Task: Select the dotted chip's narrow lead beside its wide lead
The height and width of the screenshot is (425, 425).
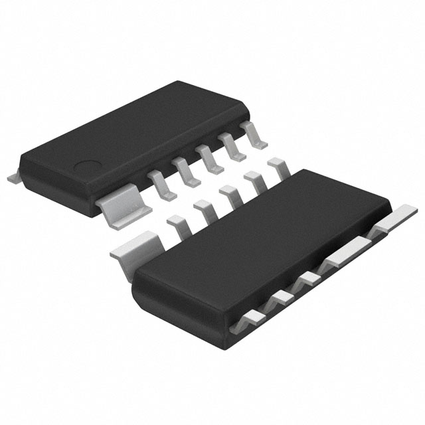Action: (159, 185)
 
